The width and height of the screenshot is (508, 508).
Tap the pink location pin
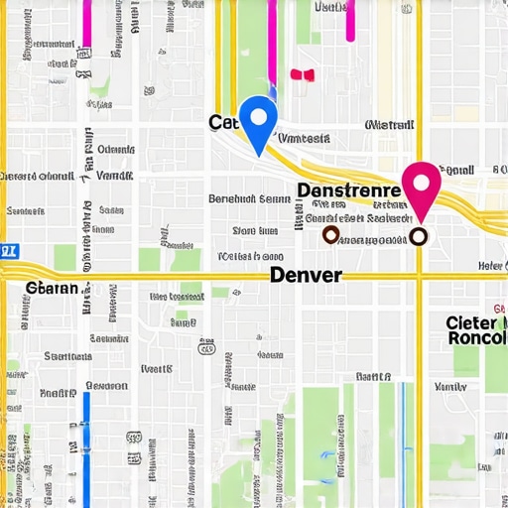click(421, 186)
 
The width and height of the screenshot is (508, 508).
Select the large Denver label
click(306, 275)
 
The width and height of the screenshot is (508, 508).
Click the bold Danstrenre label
click(348, 189)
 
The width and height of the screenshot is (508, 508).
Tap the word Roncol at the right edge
click(477, 337)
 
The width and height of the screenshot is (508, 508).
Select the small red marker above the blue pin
click(302, 74)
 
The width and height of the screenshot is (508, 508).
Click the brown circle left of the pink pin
click(331, 234)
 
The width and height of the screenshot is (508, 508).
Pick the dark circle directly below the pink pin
click(419, 236)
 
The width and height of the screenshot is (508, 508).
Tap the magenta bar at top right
click(350, 20)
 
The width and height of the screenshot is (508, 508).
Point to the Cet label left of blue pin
click(222, 122)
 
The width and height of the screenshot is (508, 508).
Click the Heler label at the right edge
click(491, 265)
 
